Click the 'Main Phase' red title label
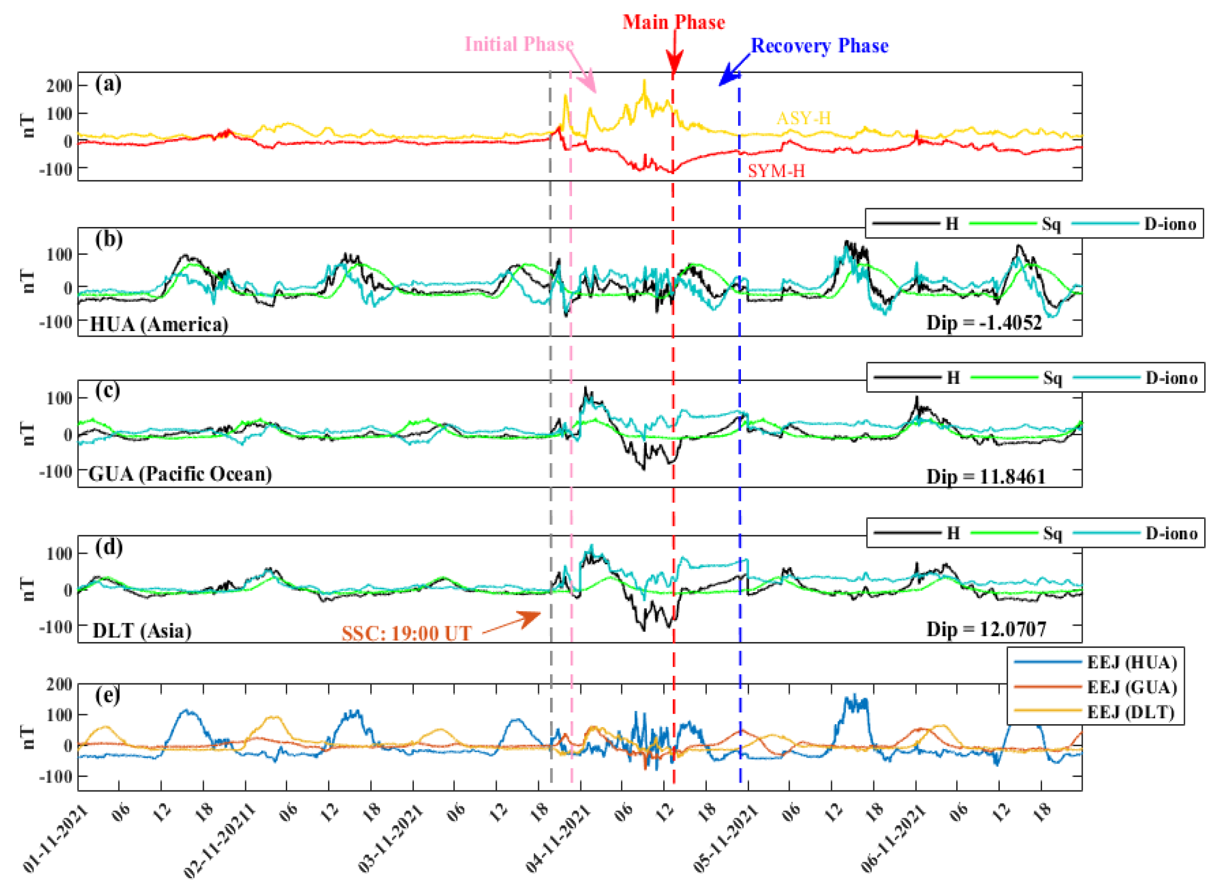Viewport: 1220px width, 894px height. click(673, 22)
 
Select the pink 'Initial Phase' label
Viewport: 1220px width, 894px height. click(519, 44)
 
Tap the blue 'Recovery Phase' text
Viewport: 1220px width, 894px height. click(819, 46)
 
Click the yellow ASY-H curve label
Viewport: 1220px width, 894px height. click(803, 118)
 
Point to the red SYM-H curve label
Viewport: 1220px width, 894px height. click(776, 171)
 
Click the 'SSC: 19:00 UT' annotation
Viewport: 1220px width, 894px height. click(407, 633)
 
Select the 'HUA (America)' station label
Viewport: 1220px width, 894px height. click(159, 324)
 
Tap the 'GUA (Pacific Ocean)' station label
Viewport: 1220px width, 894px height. click(180, 474)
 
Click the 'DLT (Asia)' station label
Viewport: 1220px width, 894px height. click(142, 631)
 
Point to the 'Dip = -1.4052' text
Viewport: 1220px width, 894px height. click(984, 323)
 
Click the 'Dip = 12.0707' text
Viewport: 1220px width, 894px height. click(986, 630)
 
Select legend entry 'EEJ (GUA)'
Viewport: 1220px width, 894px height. click(1132, 687)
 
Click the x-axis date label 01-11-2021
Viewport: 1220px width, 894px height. click(56, 840)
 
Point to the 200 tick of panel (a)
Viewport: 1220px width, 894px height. click(59, 85)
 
